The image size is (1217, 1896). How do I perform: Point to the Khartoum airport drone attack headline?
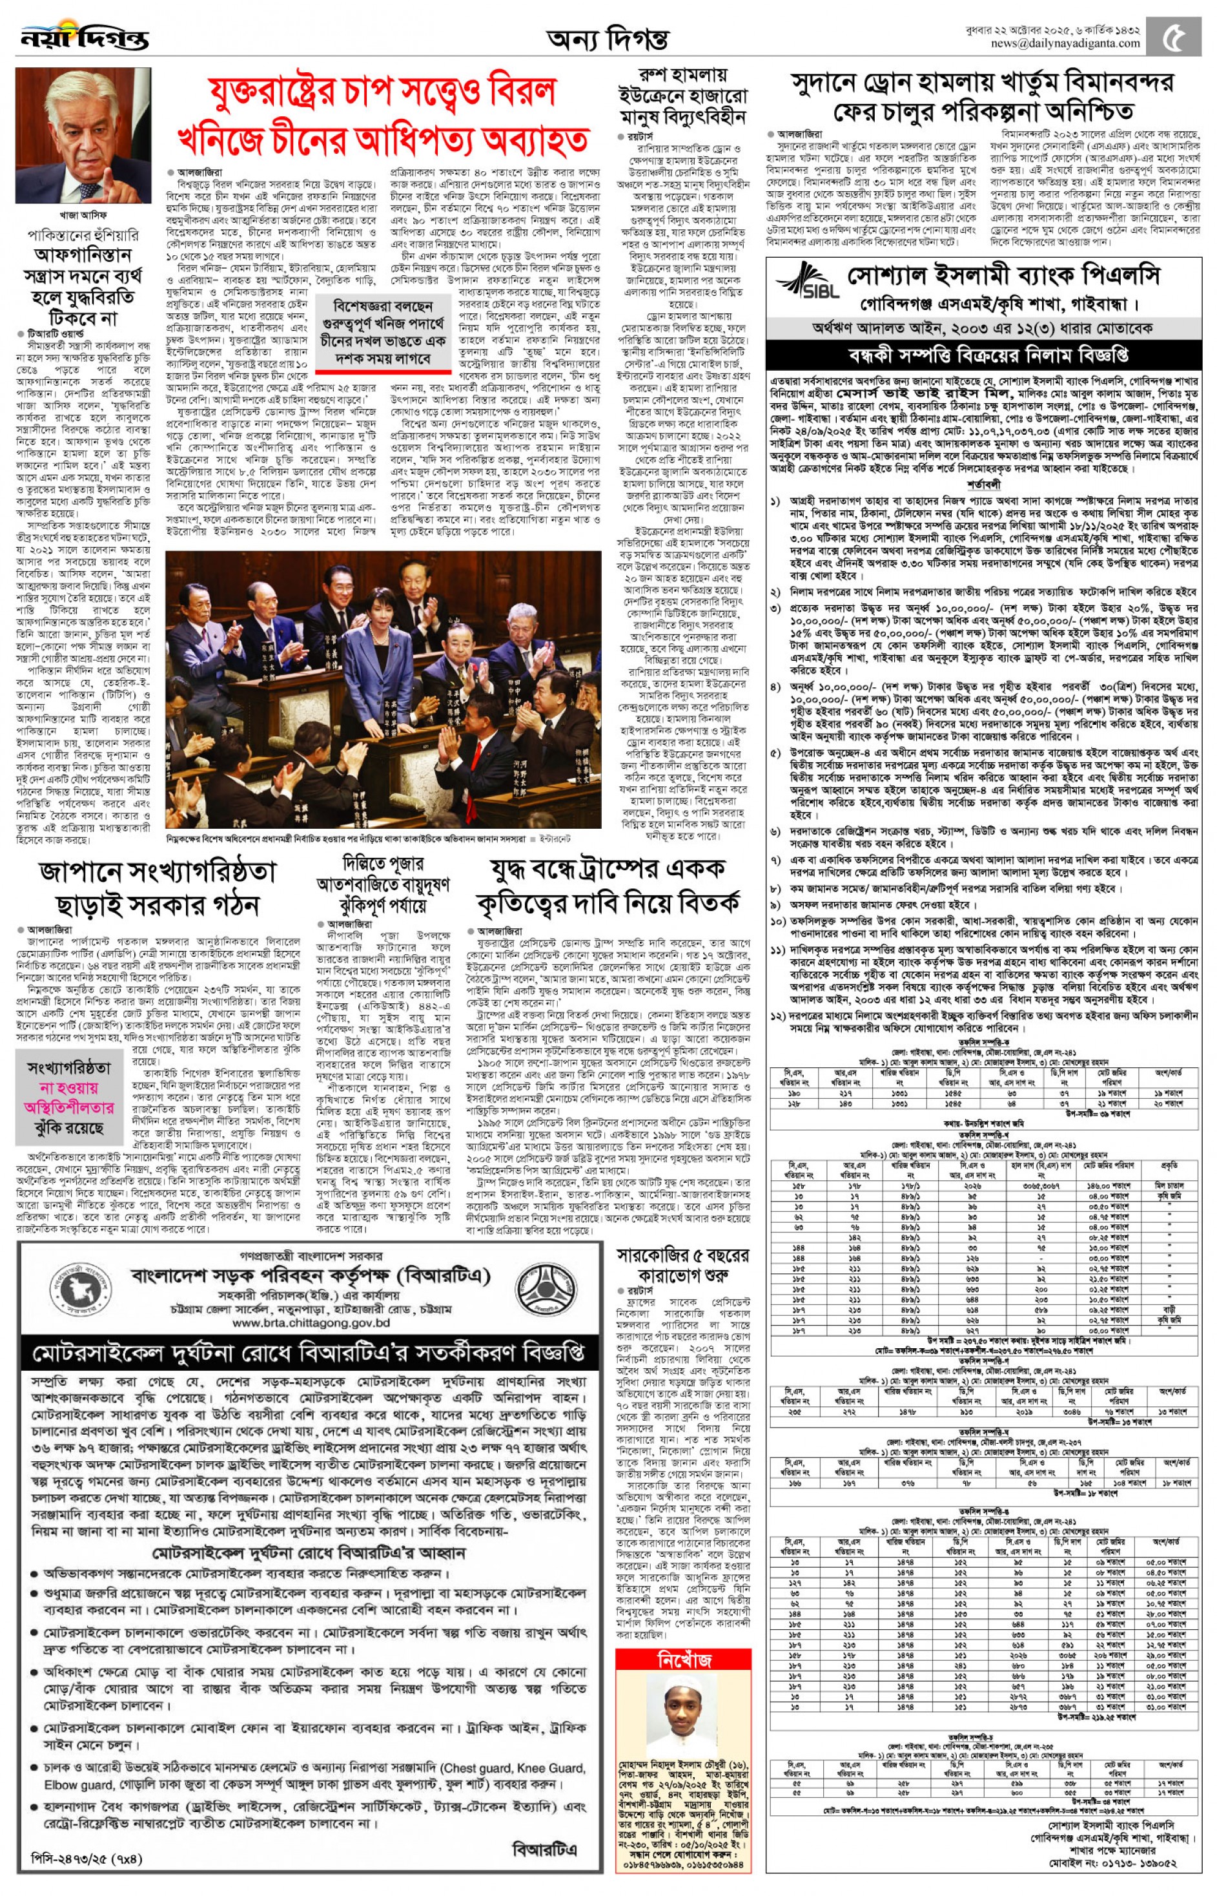pyautogui.click(x=982, y=96)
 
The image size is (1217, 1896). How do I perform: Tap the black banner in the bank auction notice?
pyautogui.click(x=983, y=353)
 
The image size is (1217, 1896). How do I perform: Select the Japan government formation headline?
pyautogui.click(x=158, y=887)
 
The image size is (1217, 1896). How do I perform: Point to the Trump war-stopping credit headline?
pyautogui.click(x=608, y=886)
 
